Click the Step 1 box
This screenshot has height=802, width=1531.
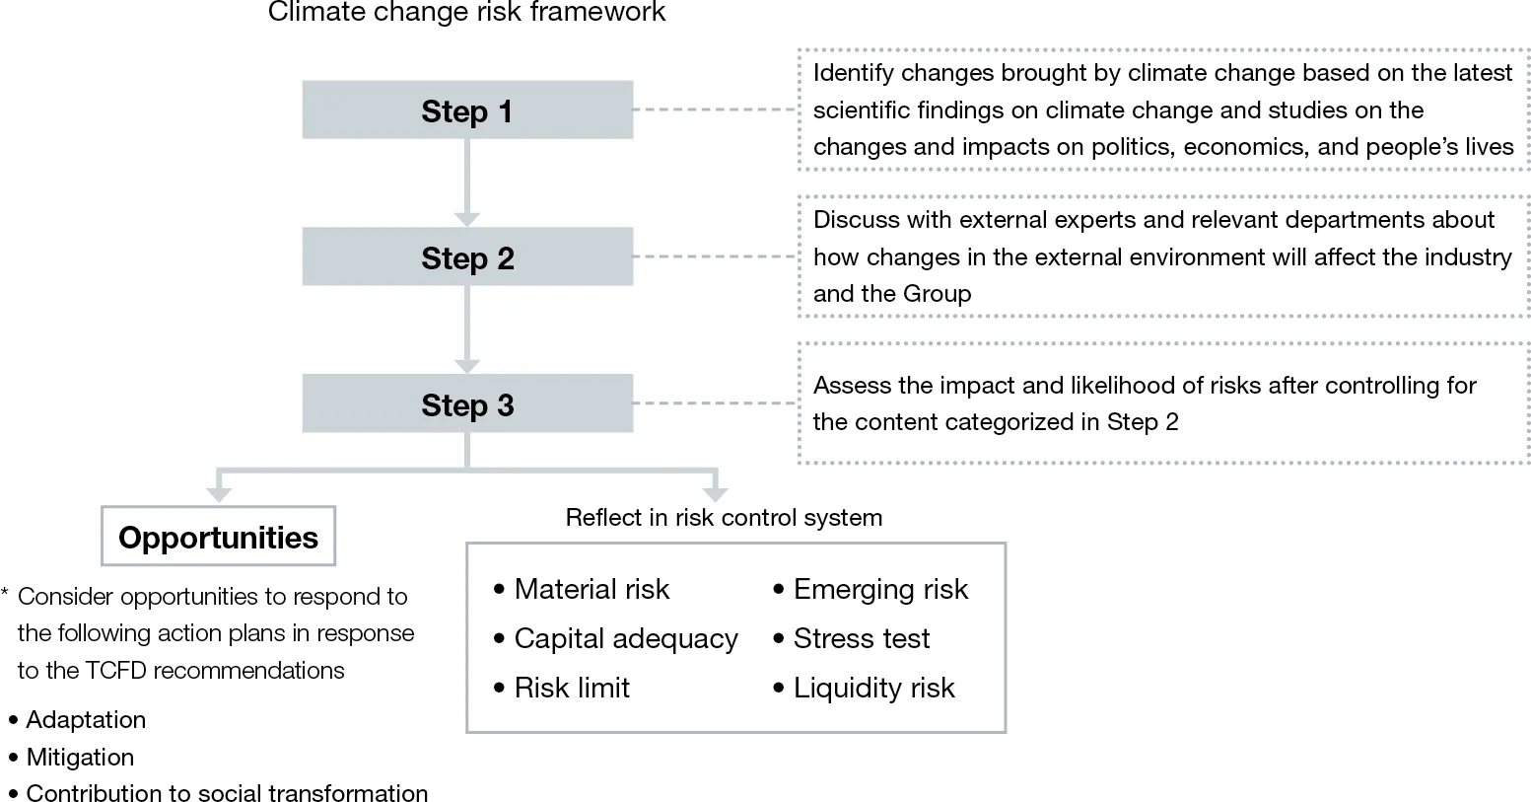point(467,109)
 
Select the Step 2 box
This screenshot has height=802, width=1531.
point(467,256)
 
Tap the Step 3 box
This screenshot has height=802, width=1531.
point(467,403)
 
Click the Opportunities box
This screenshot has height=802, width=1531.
point(218,537)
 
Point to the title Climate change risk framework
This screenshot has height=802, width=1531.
point(466,13)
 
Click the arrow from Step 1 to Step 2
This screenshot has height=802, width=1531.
point(467,182)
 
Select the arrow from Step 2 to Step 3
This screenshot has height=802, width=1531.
point(467,329)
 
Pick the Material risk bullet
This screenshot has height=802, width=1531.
point(591,589)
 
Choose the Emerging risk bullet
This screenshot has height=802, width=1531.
point(879,589)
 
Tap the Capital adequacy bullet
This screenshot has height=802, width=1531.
point(625,638)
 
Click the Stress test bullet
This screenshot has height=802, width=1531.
point(861,638)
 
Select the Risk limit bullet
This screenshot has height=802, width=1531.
point(571,688)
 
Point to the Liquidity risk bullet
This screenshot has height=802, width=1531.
point(873,688)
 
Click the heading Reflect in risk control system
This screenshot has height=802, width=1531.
point(724,517)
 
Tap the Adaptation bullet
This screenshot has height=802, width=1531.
point(86,719)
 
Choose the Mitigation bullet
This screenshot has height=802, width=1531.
point(80,757)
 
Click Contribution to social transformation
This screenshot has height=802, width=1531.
point(227,793)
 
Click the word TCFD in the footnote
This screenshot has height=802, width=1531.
point(116,670)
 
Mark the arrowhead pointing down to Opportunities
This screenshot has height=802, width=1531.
point(219,494)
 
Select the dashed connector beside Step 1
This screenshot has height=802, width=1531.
point(714,109)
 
